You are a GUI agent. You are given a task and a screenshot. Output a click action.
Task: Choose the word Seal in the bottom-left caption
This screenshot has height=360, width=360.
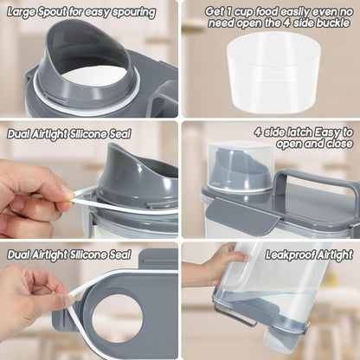(x=119, y=254)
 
